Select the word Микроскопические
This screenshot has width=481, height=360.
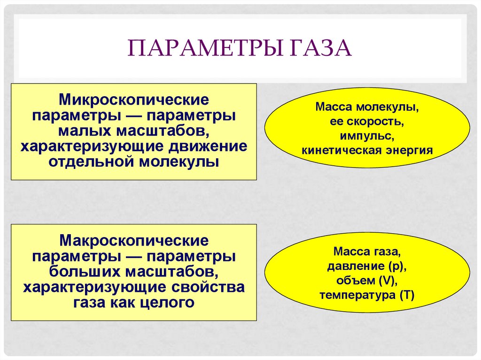point(133,100)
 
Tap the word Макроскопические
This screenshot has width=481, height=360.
point(133,241)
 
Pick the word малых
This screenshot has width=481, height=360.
point(82,131)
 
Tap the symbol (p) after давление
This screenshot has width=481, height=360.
point(396,267)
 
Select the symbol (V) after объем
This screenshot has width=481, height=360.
point(387,281)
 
